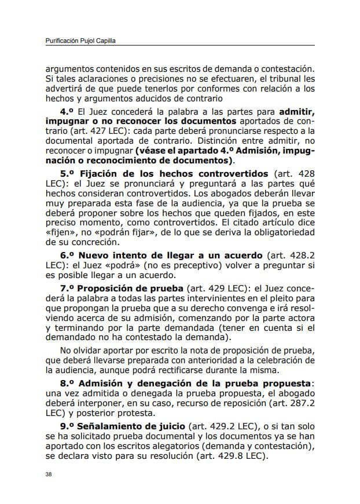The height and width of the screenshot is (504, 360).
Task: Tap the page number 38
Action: [x=49, y=474]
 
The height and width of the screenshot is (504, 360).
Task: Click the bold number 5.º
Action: [x=69, y=174]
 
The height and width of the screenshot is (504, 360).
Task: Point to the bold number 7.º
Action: [x=69, y=288]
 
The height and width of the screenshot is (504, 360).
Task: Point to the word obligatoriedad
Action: [x=279, y=233]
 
